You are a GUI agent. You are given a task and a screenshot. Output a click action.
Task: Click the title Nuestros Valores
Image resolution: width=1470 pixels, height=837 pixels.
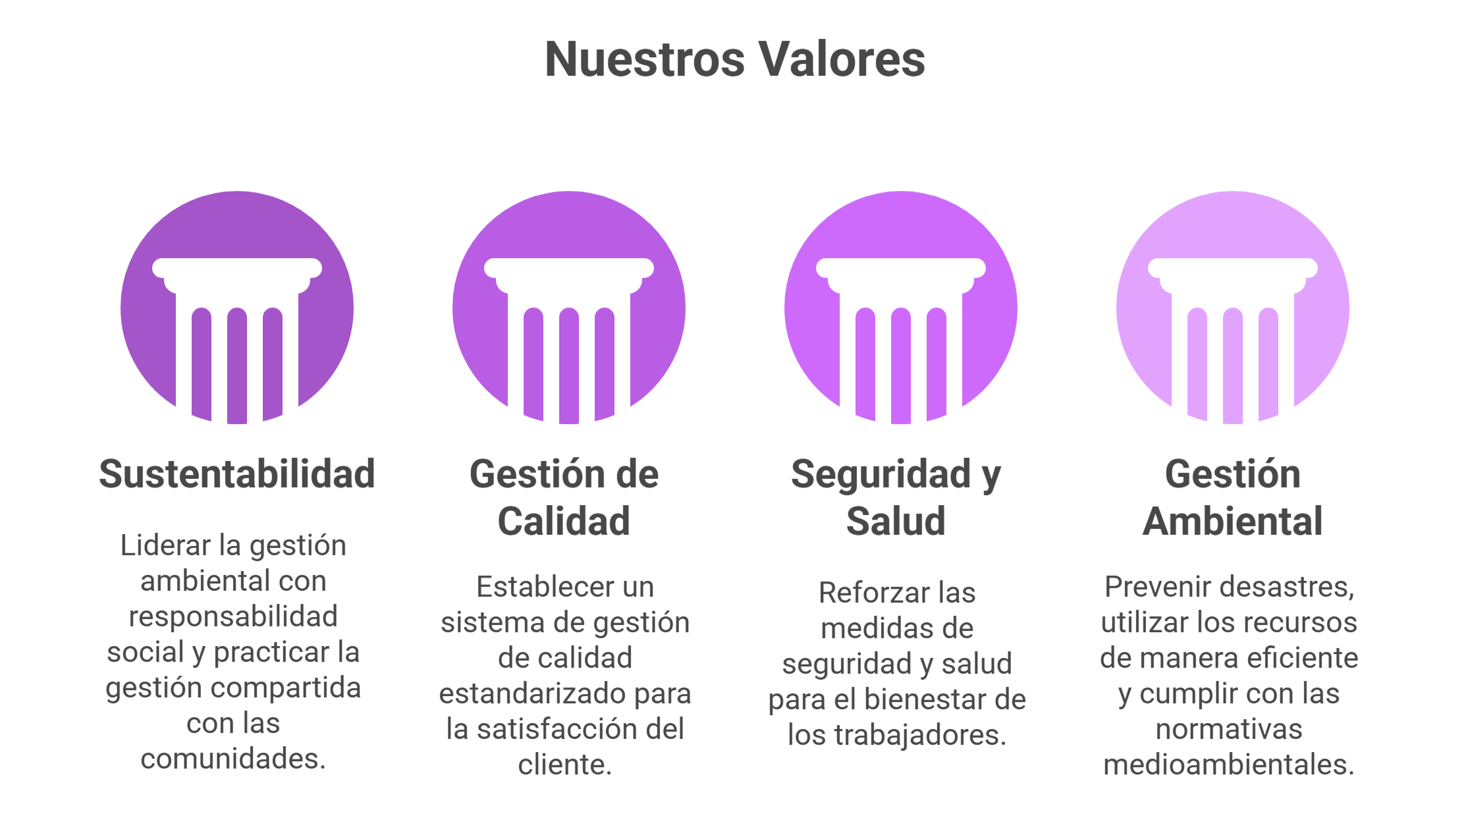click(735, 60)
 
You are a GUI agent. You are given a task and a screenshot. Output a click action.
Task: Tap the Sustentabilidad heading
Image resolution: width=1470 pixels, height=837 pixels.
click(237, 474)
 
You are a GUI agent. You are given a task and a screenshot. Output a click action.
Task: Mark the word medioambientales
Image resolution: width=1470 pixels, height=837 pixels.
click(1229, 765)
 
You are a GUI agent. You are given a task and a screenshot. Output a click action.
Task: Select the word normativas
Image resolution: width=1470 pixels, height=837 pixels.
click(1229, 730)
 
